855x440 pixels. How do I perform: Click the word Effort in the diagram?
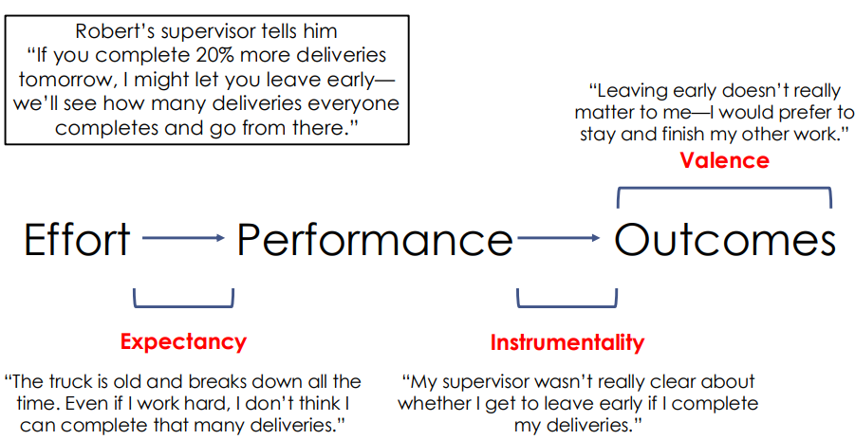77,241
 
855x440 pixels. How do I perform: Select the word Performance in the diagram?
374,241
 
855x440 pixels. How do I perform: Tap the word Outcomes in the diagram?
725,241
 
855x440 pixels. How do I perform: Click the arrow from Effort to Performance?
183,241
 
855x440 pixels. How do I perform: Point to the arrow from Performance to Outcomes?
559,241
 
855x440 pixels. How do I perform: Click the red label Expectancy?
183,342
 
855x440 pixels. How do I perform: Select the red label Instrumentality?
567,342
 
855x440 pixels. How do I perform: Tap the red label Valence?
724,160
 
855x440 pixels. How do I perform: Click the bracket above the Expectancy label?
183,303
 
